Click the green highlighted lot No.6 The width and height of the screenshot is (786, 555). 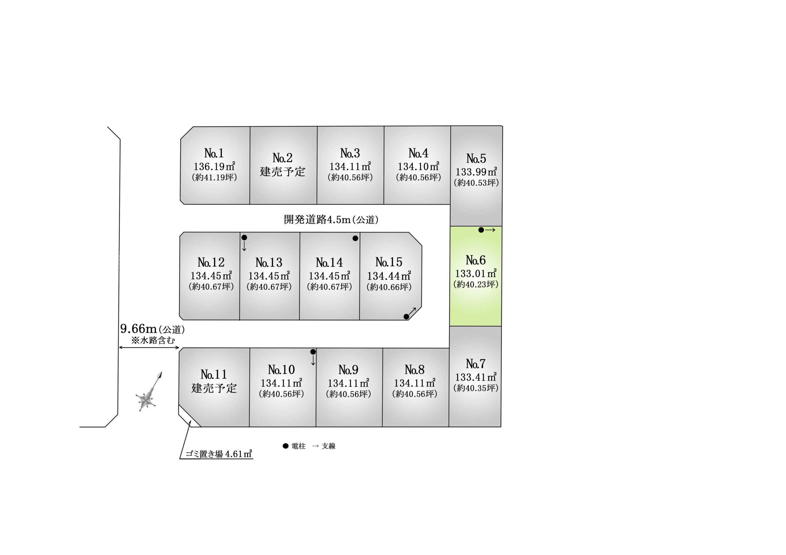pos(476,276)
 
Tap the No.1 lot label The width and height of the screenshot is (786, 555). pos(214,153)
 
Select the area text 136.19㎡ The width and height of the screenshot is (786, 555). pos(214,166)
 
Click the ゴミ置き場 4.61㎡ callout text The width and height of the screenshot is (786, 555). pos(219,454)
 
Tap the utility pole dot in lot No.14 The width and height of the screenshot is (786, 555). pos(355,238)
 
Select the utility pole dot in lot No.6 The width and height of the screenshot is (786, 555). pos(481,230)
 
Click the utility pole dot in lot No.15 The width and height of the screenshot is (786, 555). pos(406,317)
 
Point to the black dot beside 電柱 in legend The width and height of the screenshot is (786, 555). pos(286,446)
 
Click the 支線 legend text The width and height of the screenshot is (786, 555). pos(328,446)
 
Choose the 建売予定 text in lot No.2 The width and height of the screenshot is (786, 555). pos(282,171)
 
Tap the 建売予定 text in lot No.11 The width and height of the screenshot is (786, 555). pos(214,388)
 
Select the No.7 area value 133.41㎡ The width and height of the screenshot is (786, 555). pos(476,377)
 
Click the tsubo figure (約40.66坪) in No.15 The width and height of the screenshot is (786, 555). pos(389,287)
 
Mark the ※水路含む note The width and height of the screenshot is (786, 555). pos(153,340)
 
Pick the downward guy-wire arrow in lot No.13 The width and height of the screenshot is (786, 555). pos(244,246)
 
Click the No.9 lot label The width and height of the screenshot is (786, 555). pos(348,370)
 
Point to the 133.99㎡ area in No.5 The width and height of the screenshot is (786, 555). pos(476,172)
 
